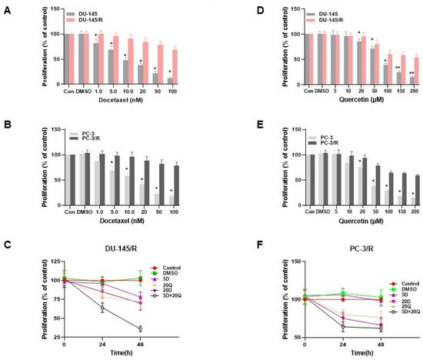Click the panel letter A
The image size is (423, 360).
coord(7,11)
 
